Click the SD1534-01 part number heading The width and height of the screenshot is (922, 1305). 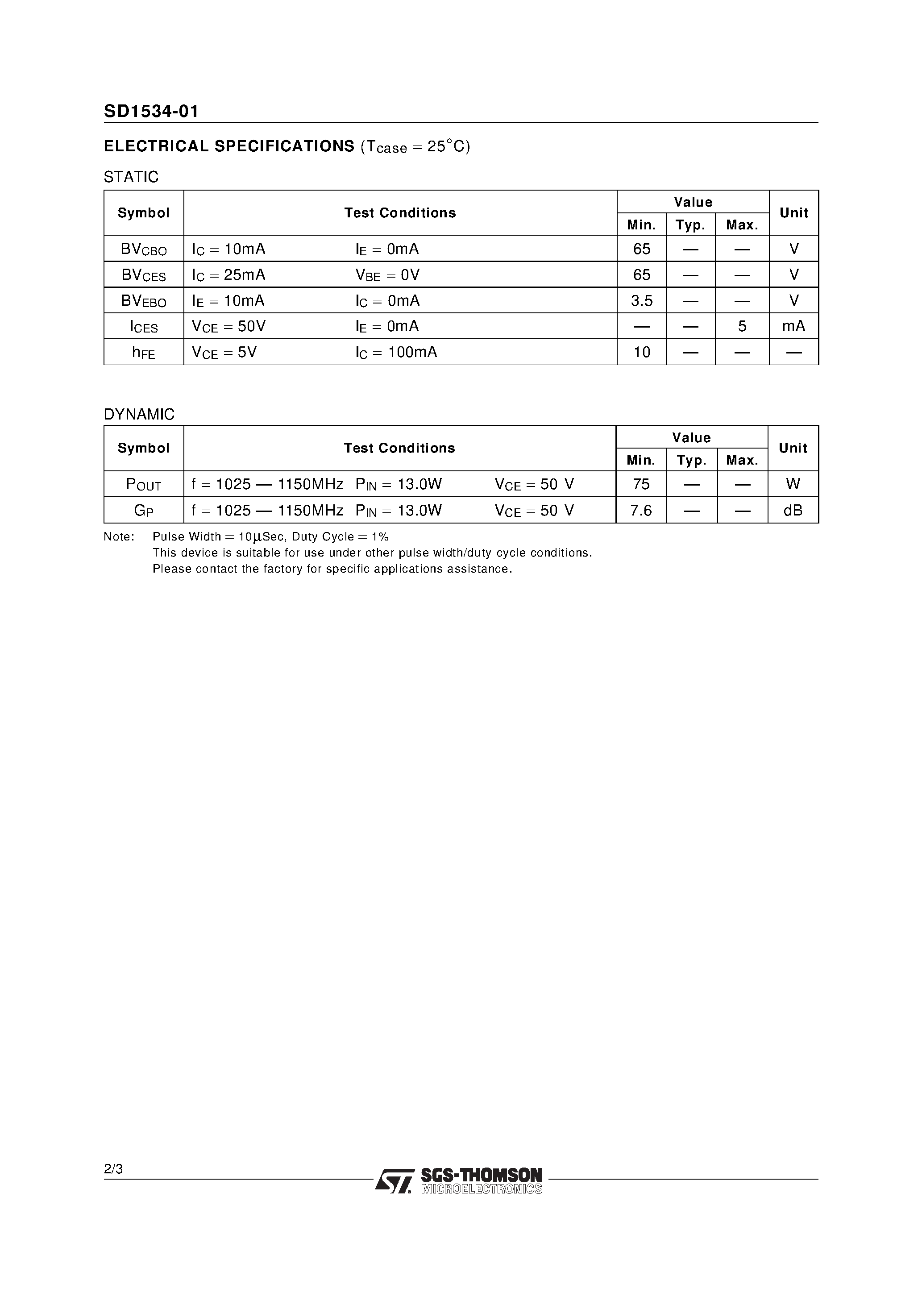(151, 112)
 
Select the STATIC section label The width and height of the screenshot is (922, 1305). (131, 177)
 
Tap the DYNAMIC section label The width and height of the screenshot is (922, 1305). (139, 414)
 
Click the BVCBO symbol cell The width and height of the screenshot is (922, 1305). (144, 249)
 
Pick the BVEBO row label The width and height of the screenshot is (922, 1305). (144, 301)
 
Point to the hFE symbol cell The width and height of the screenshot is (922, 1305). (143, 353)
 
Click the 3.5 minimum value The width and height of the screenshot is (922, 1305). (642, 301)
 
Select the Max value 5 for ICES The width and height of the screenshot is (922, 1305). (742, 326)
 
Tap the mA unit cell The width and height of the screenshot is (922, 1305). (793, 326)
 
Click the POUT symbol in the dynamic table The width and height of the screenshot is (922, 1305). (143, 484)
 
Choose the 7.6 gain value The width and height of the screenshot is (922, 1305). (641, 511)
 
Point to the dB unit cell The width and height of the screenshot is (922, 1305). (793, 511)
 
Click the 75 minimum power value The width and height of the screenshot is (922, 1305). (641, 484)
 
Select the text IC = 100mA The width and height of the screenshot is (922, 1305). (396, 353)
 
